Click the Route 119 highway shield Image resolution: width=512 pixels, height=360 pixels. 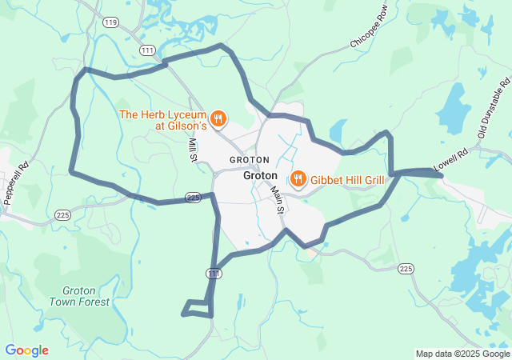point(110,22)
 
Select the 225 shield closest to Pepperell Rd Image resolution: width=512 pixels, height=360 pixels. point(63,214)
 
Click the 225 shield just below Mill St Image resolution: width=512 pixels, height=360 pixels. point(193,197)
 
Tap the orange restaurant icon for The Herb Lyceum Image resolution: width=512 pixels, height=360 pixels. point(218,120)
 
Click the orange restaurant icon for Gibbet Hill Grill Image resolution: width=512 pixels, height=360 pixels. point(298,178)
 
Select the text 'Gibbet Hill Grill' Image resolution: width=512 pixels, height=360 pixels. point(347,179)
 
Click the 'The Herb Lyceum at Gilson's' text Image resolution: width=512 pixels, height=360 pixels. point(163,120)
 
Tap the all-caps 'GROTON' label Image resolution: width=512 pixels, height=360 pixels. point(250,160)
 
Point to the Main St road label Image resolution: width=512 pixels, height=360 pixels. point(277,201)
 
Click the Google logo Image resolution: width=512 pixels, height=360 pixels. point(26,350)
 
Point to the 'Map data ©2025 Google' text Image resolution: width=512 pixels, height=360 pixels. point(462,354)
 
